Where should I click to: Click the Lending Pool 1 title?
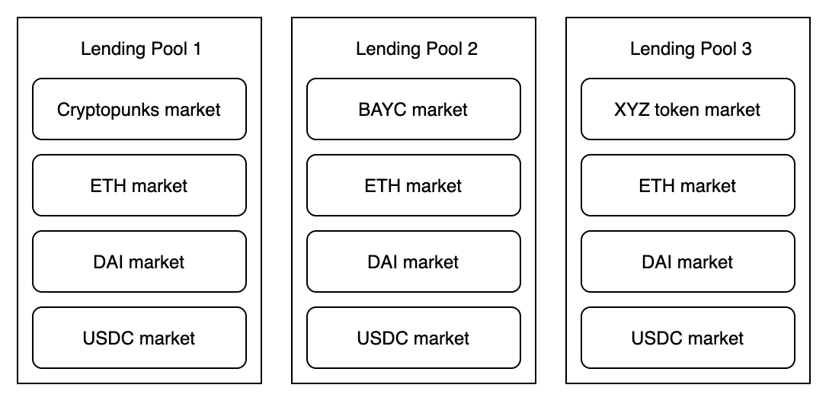click(140, 50)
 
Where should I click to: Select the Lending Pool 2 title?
click(416, 50)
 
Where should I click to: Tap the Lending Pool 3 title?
click(690, 50)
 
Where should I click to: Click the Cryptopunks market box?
click(139, 110)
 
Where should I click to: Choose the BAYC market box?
click(414, 110)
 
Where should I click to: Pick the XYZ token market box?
click(688, 110)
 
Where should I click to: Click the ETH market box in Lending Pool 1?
click(139, 185)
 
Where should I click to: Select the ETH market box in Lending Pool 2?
click(414, 185)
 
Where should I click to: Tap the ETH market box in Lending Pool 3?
click(688, 185)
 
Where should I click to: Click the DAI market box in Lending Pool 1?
click(139, 261)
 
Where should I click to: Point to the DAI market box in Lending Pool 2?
click(414, 261)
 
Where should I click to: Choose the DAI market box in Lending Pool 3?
click(688, 261)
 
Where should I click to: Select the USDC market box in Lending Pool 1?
click(139, 338)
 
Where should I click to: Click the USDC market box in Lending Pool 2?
click(414, 338)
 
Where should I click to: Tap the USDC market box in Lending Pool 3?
click(688, 338)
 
